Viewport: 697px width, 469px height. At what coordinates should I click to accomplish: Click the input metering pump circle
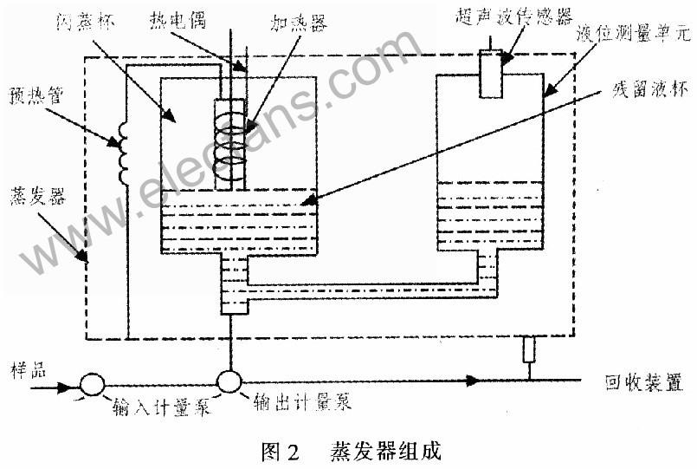[93, 383]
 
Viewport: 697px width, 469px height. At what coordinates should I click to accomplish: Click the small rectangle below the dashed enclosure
[529, 351]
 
